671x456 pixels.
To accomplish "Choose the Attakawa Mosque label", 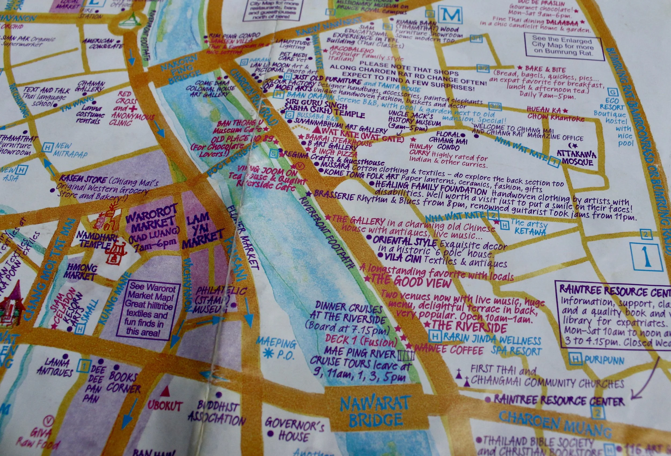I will pyautogui.click(x=576, y=158).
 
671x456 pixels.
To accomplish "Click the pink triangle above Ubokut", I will pyautogui.click(x=165, y=392).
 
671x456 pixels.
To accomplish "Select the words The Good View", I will pyautogui.click(x=410, y=280).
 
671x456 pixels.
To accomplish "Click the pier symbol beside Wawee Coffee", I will pyautogui.click(x=406, y=355).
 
